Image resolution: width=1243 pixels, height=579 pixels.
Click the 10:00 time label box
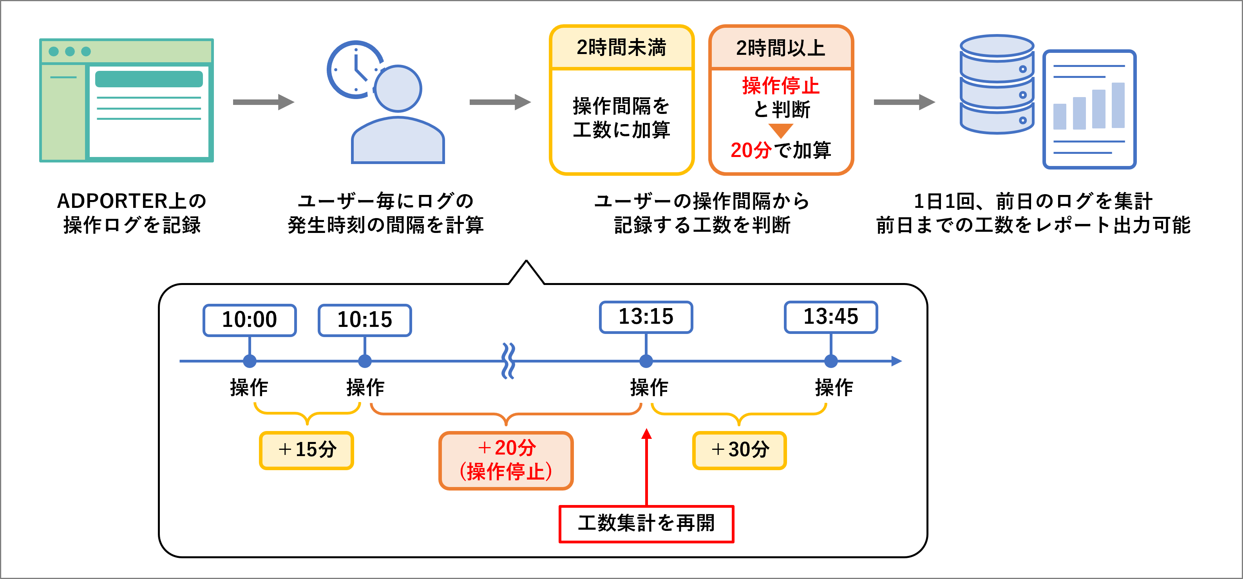click(x=250, y=319)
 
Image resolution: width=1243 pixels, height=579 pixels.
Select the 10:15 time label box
click(x=365, y=319)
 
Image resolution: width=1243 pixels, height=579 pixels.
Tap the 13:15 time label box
click(x=646, y=317)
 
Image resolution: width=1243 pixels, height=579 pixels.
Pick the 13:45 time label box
click(x=830, y=317)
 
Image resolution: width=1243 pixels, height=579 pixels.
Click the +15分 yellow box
click(x=306, y=450)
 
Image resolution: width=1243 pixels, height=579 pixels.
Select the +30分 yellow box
click(x=739, y=450)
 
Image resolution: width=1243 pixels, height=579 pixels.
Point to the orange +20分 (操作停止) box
click(x=506, y=460)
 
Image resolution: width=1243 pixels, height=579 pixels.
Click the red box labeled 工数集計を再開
click(x=646, y=523)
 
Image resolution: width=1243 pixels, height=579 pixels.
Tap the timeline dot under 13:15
click(x=646, y=361)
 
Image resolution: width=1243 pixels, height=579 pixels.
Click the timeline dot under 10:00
click(x=250, y=361)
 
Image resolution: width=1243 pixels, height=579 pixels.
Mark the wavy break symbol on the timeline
click(x=508, y=361)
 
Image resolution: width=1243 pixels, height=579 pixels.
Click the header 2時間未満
click(x=621, y=48)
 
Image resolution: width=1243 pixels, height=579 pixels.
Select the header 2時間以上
click(x=781, y=48)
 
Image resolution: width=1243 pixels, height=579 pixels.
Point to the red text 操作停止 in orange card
click(x=781, y=86)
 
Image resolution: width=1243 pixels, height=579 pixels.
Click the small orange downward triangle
click(x=781, y=130)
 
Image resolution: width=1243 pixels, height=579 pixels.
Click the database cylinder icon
click(x=997, y=85)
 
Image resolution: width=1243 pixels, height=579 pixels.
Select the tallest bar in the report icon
click(x=1118, y=105)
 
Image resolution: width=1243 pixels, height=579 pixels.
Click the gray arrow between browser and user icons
click(x=263, y=102)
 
